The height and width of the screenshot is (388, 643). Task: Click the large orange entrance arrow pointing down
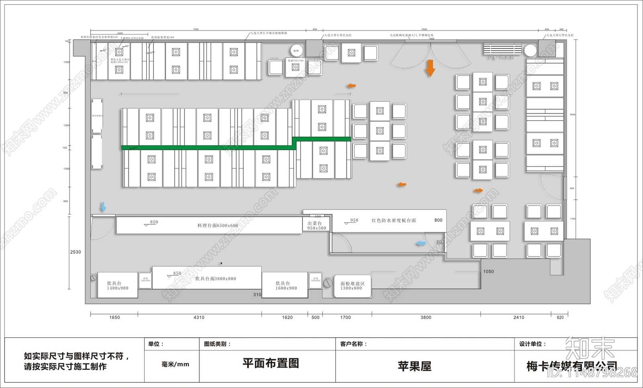point(430,68)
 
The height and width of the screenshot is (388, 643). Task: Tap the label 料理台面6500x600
point(217,226)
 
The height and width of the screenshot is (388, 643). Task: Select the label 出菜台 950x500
point(316,226)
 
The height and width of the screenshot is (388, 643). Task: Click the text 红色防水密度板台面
point(393,220)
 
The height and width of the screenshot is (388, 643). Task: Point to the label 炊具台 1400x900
point(117,285)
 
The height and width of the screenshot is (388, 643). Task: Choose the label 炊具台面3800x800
point(215,279)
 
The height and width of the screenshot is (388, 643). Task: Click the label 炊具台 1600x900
point(286,285)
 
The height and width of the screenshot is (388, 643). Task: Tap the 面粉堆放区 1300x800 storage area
point(352,286)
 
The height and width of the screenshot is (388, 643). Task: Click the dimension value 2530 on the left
point(76,252)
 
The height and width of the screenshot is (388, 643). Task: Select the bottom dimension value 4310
point(199,318)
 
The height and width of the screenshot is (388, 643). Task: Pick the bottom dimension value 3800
point(426,318)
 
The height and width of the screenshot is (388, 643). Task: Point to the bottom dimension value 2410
point(518,318)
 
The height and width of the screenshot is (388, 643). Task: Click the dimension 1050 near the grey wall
point(488,272)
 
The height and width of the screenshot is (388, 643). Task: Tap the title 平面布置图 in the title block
point(270,363)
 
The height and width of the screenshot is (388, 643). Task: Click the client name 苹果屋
point(414,366)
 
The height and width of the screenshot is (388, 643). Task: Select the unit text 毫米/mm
point(175,364)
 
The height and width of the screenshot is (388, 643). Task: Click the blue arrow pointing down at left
point(103,207)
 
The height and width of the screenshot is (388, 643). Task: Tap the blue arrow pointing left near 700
point(421,243)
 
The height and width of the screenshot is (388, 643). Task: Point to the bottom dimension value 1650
point(115,318)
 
